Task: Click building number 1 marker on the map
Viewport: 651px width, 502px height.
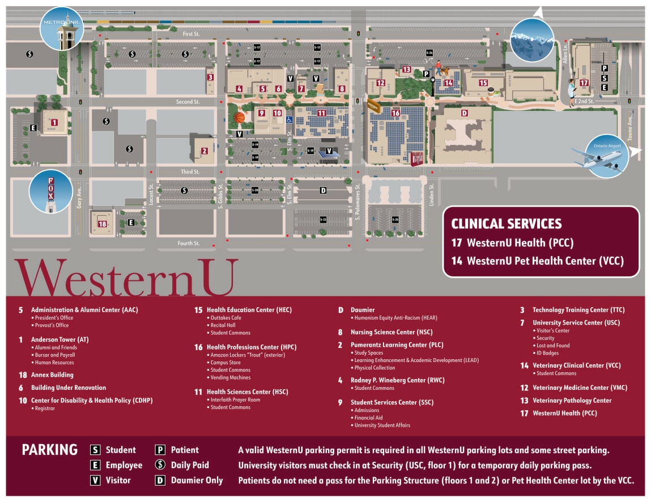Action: click(54, 122)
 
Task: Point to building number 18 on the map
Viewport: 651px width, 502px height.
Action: click(102, 224)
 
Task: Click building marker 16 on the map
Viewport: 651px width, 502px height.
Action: click(395, 113)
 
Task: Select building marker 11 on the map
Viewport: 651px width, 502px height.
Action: click(321, 113)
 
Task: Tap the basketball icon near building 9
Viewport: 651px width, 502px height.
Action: click(240, 118)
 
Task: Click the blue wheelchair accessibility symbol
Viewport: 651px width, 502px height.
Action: click(289, 120)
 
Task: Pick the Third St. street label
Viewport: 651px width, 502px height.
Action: click(190, 172)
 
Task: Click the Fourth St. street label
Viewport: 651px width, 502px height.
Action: click(189, 244)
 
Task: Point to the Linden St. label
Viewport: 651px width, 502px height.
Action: click(431, 194)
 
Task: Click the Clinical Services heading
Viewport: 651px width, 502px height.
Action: click(506, 223)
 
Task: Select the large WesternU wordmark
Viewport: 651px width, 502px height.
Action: click(124, 277)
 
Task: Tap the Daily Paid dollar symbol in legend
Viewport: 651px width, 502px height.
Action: click(160, 465)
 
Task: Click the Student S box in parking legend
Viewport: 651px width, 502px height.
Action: click(96, 450)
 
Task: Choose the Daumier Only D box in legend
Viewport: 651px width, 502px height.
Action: click(160, 480)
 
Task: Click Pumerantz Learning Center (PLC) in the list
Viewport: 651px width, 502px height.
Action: click(397, 345)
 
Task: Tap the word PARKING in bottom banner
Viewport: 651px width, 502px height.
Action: click(50, 450)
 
